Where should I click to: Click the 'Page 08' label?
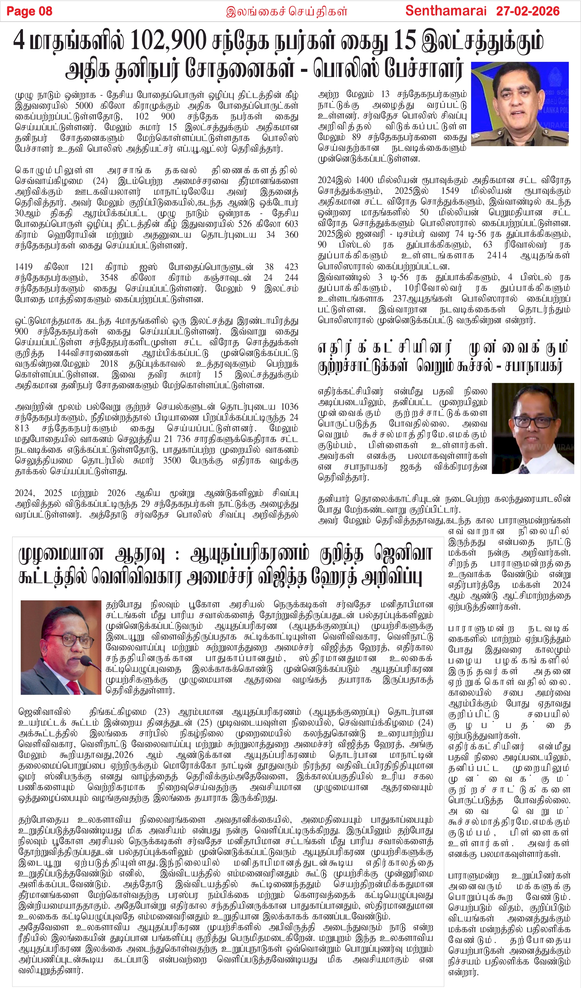coord(29,11)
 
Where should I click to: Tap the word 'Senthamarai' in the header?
coord(446,11)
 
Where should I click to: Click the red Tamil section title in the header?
coord(287,11)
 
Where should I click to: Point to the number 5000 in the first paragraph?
coord(84,106)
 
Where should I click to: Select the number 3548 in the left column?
coord(109,278)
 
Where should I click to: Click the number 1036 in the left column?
coord(289,407)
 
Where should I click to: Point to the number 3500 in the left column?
coord(172,460)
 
